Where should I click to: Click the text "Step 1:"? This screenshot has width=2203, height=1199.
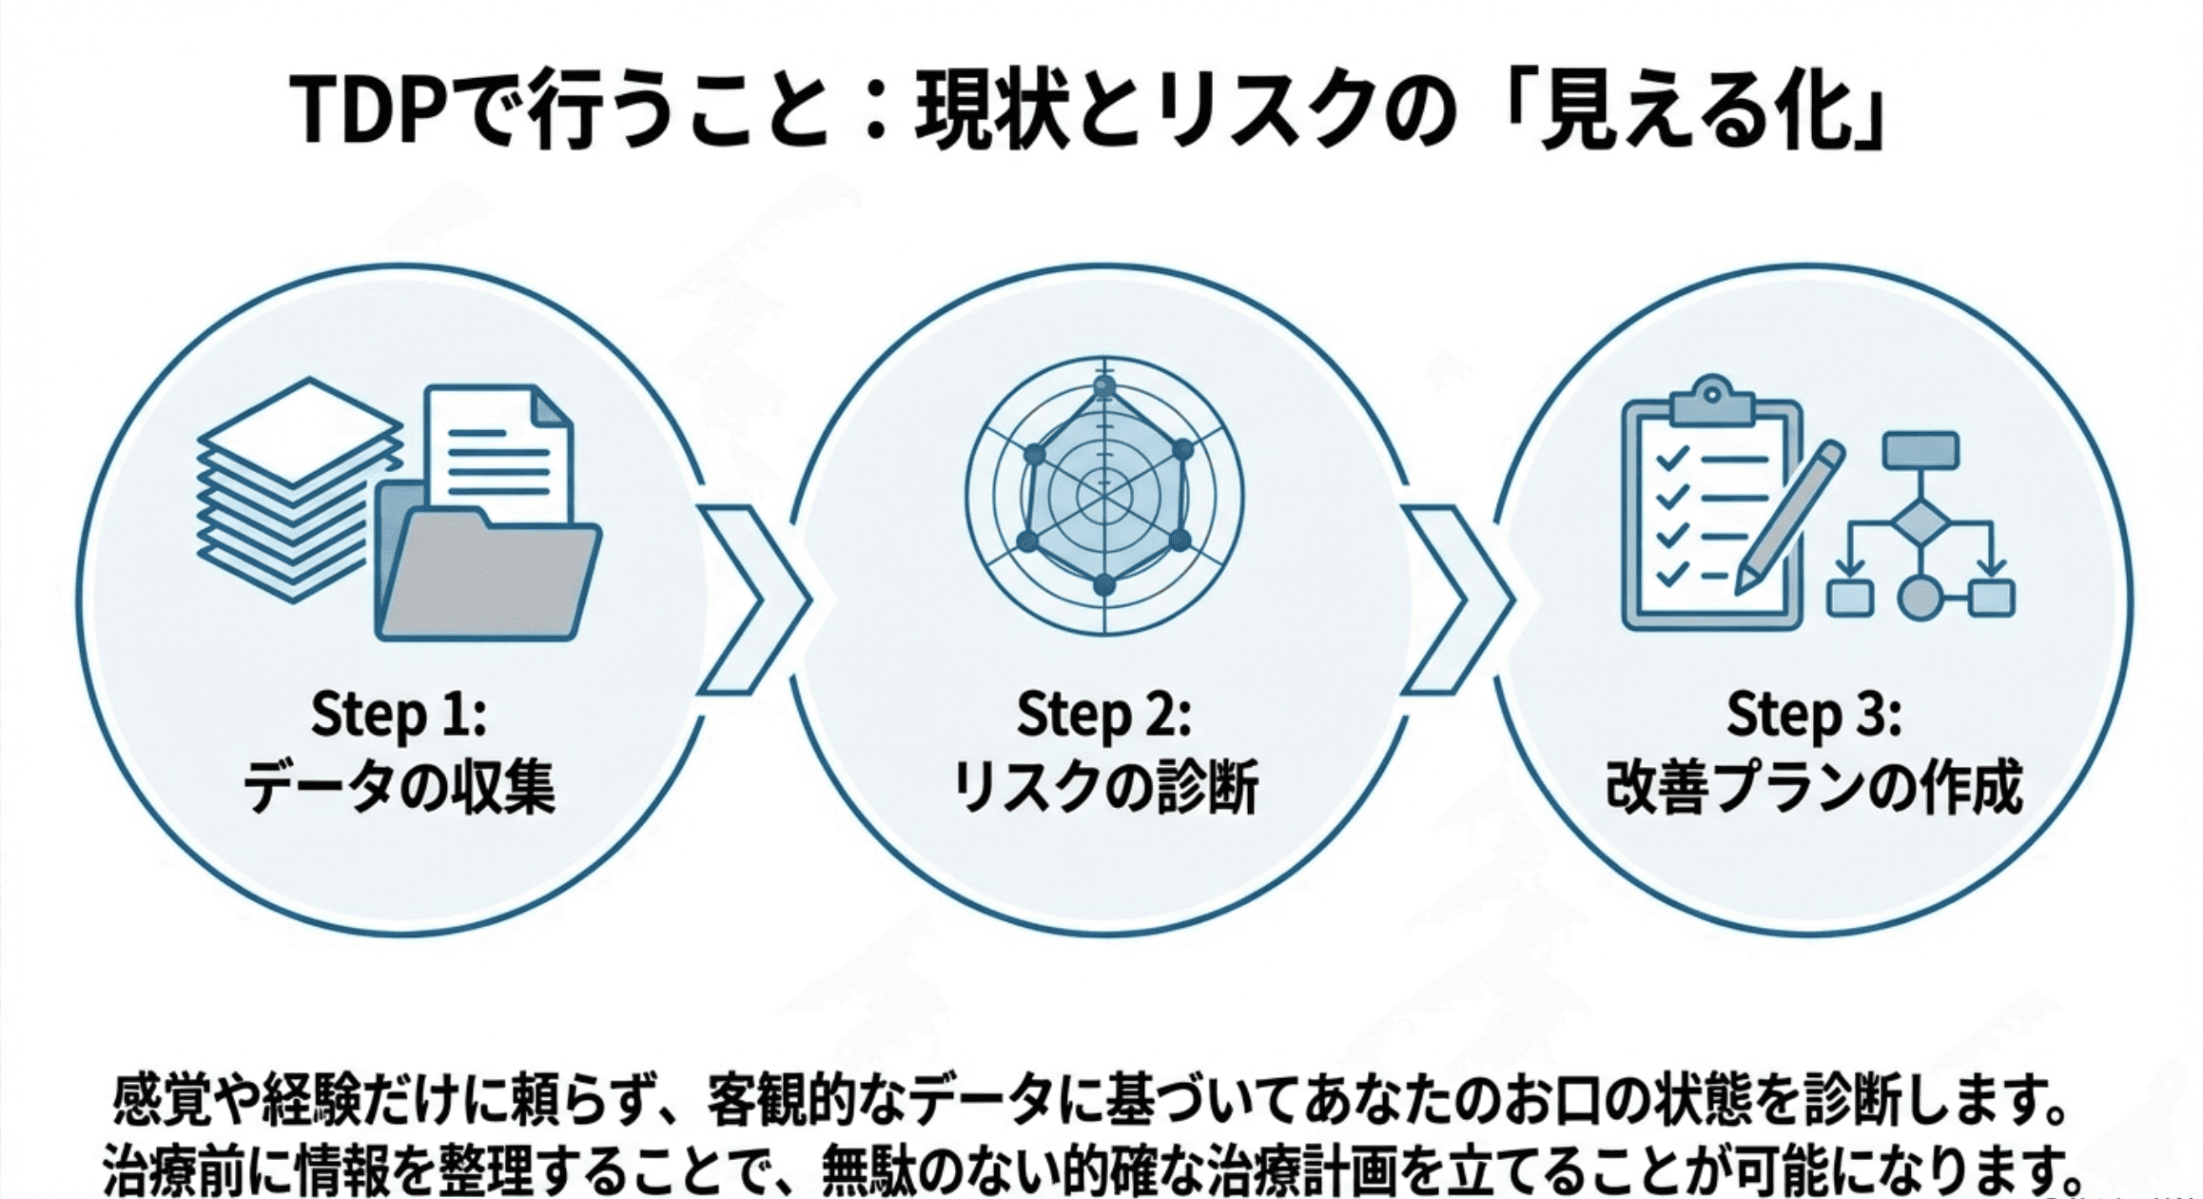pos(399,716)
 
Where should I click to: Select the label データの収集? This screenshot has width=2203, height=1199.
pos(399,789)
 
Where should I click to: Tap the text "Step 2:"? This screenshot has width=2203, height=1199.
pos(1103,716)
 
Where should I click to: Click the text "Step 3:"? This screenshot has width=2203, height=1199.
pos(1813,716)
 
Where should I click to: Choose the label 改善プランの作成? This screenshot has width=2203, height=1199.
pos(1813,789)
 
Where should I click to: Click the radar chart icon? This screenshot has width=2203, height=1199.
pos(1103,495)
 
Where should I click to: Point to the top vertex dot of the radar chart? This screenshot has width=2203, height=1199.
pos(1103,386)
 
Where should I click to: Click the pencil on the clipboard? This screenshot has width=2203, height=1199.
pos(1788,519)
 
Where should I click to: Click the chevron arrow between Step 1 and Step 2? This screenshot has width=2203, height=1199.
pos(751,599)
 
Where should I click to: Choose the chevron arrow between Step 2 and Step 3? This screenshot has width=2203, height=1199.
pos(1455,599)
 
